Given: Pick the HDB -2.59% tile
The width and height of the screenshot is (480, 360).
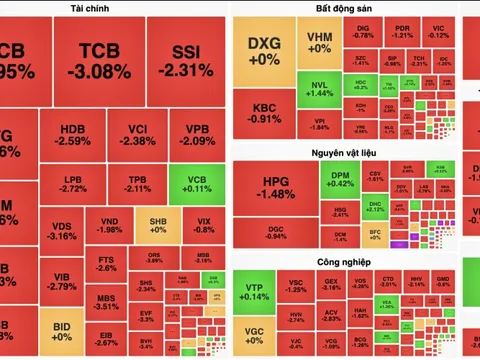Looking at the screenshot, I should click(x=74, y=135).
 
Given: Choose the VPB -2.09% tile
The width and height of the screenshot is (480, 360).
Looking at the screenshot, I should click(x=196, y=135).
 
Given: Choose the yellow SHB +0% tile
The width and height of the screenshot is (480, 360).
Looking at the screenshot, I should click(x=156, y=224).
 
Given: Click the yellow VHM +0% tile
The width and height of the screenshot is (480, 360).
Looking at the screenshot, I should click(x=320, y=43).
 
